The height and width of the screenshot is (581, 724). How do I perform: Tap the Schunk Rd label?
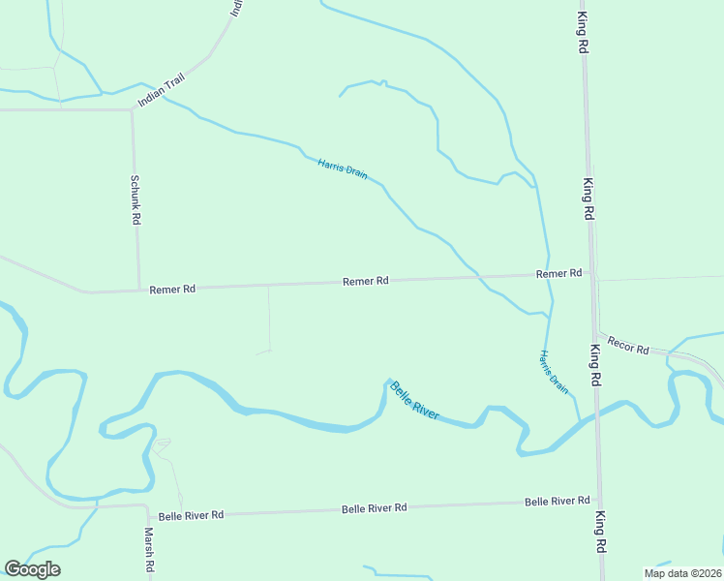click(x=136, y=200)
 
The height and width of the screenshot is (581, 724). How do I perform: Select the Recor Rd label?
click(x=628, y=346)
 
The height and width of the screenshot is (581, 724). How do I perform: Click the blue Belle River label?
click(x=414, y=400)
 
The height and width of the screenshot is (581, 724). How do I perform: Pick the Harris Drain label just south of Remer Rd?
click(x=555, y=371)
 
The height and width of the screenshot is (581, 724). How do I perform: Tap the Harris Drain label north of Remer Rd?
click(x=343, y=168)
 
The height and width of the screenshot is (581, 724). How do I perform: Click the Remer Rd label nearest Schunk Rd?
click(x=172, y=289)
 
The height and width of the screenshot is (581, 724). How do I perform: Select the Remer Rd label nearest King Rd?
click(x=559, y=274)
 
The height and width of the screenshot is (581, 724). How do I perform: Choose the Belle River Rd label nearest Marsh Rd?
click(x=191, y=515)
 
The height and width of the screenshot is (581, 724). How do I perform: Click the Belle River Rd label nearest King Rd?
click(x=557, y=501)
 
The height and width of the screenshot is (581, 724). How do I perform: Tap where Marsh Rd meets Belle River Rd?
click(x=146, y=506)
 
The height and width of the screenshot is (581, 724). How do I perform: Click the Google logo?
click(x=33, y=569)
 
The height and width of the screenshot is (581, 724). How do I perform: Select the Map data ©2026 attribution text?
click(x=681, y=573)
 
